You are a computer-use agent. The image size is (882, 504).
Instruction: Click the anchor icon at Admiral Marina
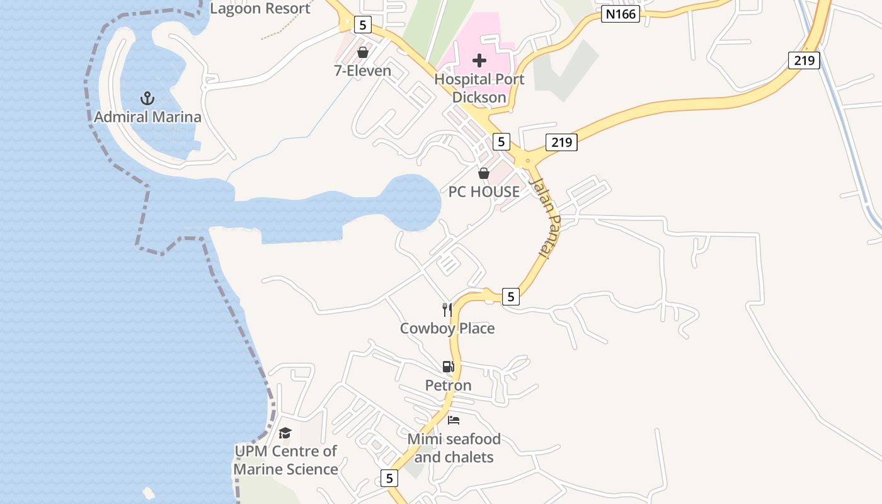tap(147, 98)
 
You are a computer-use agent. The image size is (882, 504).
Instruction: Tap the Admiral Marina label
tap(147, 117)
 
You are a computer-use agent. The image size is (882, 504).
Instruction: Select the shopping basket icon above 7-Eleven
tap(362, 52)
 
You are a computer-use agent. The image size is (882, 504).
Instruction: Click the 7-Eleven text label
tap(362, 71)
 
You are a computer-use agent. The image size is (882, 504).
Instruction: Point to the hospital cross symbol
tap(479, 60)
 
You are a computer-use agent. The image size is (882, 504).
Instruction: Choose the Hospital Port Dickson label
tap(479, 88)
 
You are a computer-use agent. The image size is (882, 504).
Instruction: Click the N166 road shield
tap(620, 14)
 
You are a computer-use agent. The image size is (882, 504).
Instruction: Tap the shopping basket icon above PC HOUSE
tap(484, 173)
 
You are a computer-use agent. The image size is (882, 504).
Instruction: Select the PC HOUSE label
tap(484, 192)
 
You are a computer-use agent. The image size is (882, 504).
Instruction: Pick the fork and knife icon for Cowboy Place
tap(447, 309)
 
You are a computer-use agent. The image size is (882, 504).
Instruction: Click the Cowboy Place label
tap(447, 328)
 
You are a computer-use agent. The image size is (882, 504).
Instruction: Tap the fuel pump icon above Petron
tap(447, 367)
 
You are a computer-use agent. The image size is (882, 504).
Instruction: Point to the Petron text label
tap(448, 385)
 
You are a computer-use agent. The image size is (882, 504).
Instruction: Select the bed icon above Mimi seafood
tap(454, 420)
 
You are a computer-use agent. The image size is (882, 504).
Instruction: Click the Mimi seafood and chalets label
tap(454, 448)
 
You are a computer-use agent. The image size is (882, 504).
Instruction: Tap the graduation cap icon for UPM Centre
tap(285, 433)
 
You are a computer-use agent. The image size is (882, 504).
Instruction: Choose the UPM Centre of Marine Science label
tap(285, 460)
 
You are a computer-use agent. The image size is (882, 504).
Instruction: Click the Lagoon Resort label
tap(260, 8)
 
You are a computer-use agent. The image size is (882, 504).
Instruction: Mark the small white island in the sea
tap(149, 493)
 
